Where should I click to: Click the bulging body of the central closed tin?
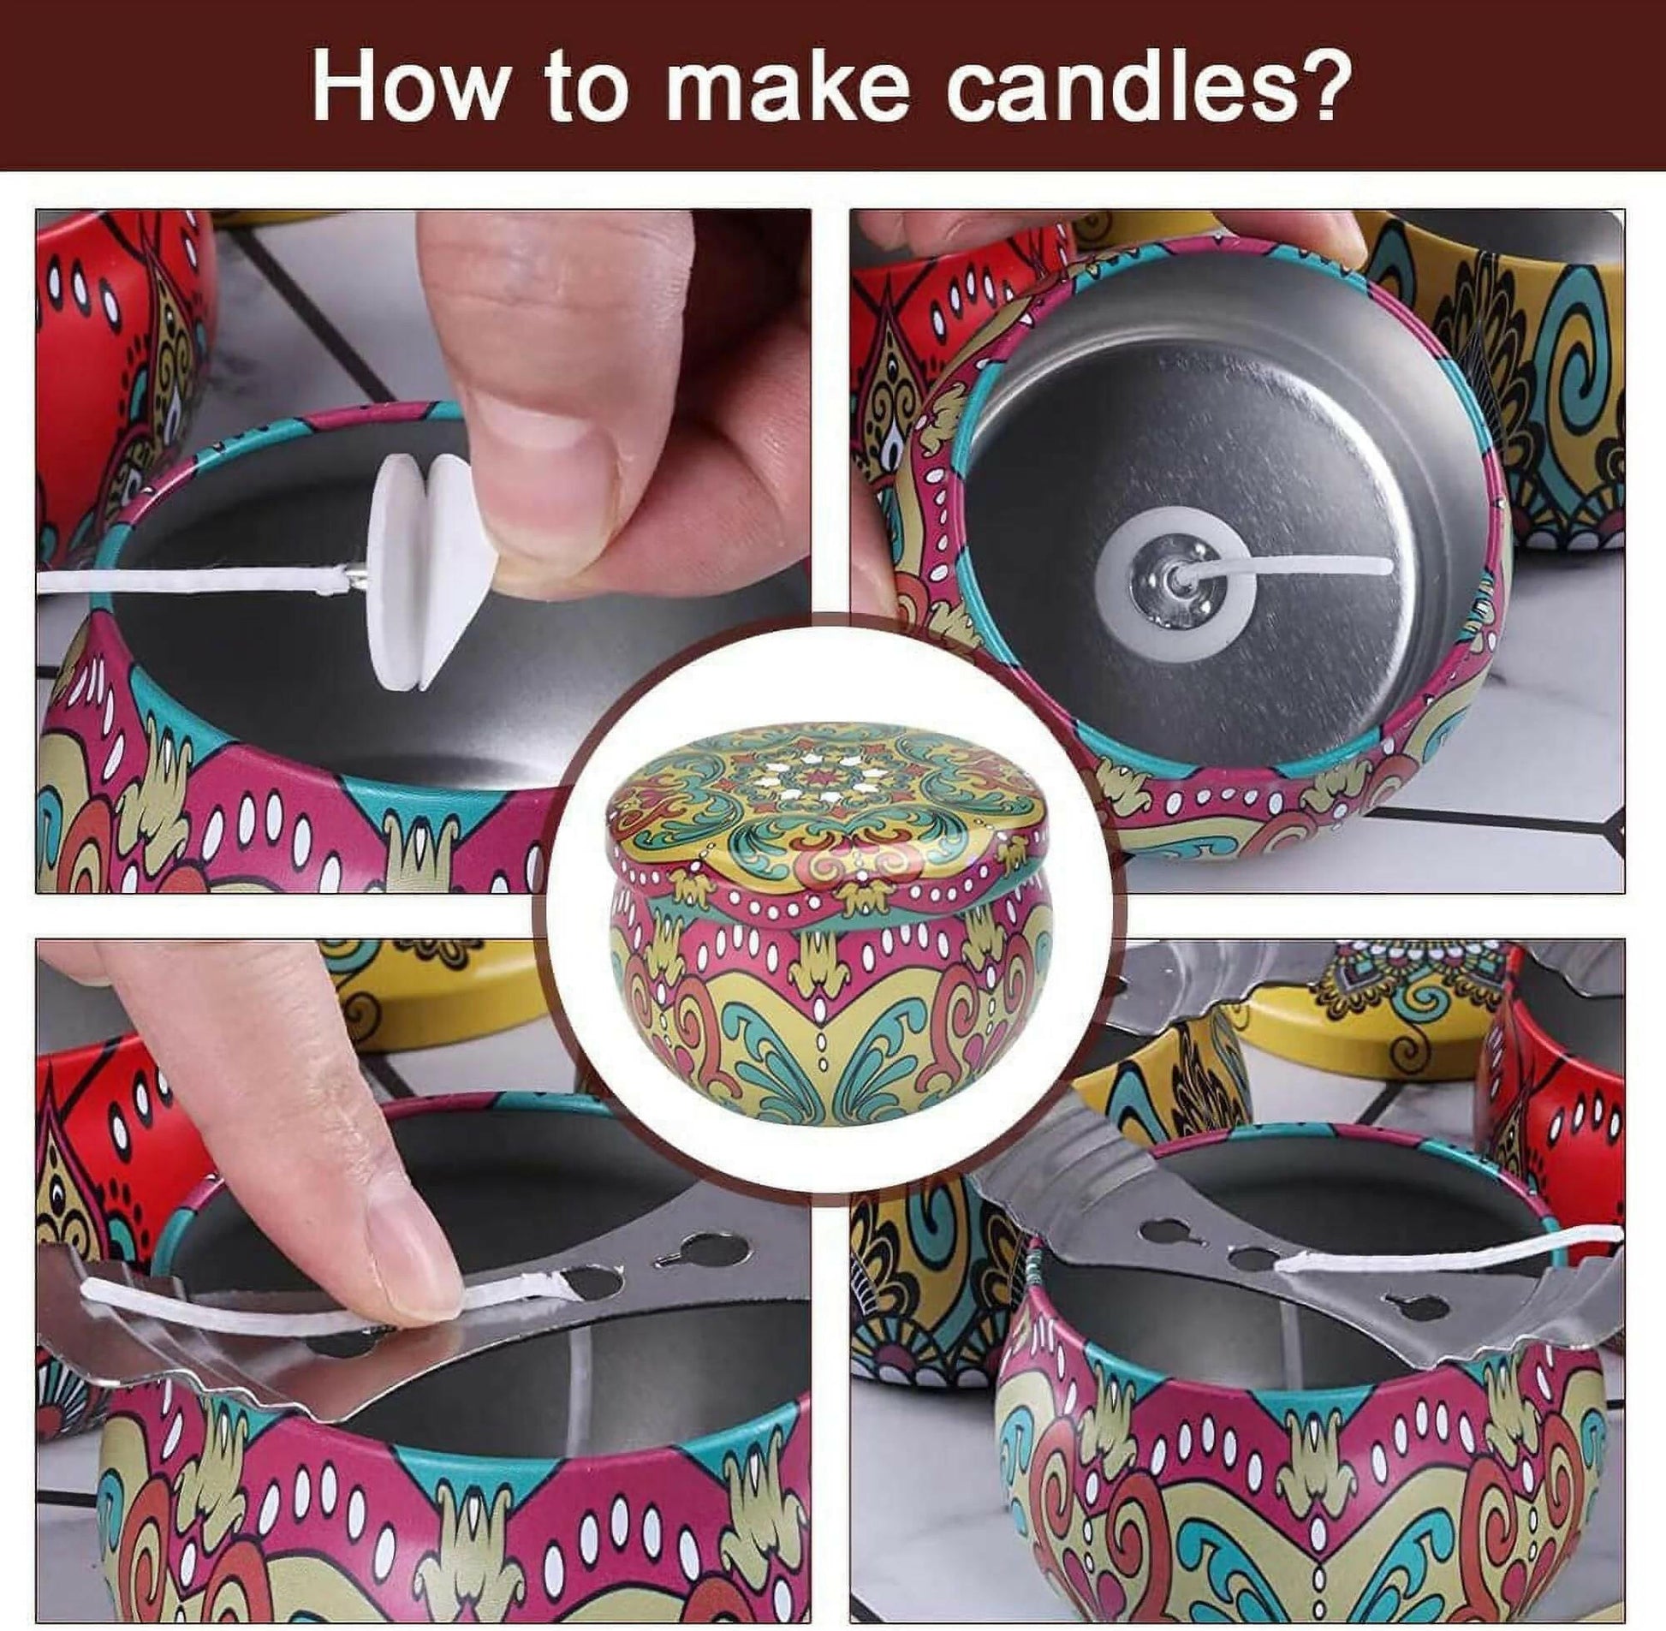pos(826,985)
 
